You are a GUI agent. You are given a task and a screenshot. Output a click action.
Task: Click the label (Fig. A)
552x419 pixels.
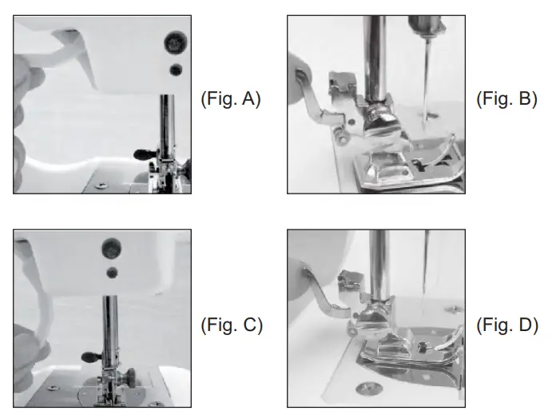(x=229, y=101)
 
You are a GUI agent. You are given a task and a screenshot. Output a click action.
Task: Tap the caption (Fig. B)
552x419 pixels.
(x=506, y=101)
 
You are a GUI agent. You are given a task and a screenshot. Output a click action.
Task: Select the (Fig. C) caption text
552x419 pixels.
(x=229, y=325)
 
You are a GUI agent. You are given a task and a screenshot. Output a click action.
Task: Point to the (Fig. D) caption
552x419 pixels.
(x=506, y=325)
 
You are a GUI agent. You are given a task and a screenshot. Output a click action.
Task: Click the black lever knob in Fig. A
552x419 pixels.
(x=143, y=151)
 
